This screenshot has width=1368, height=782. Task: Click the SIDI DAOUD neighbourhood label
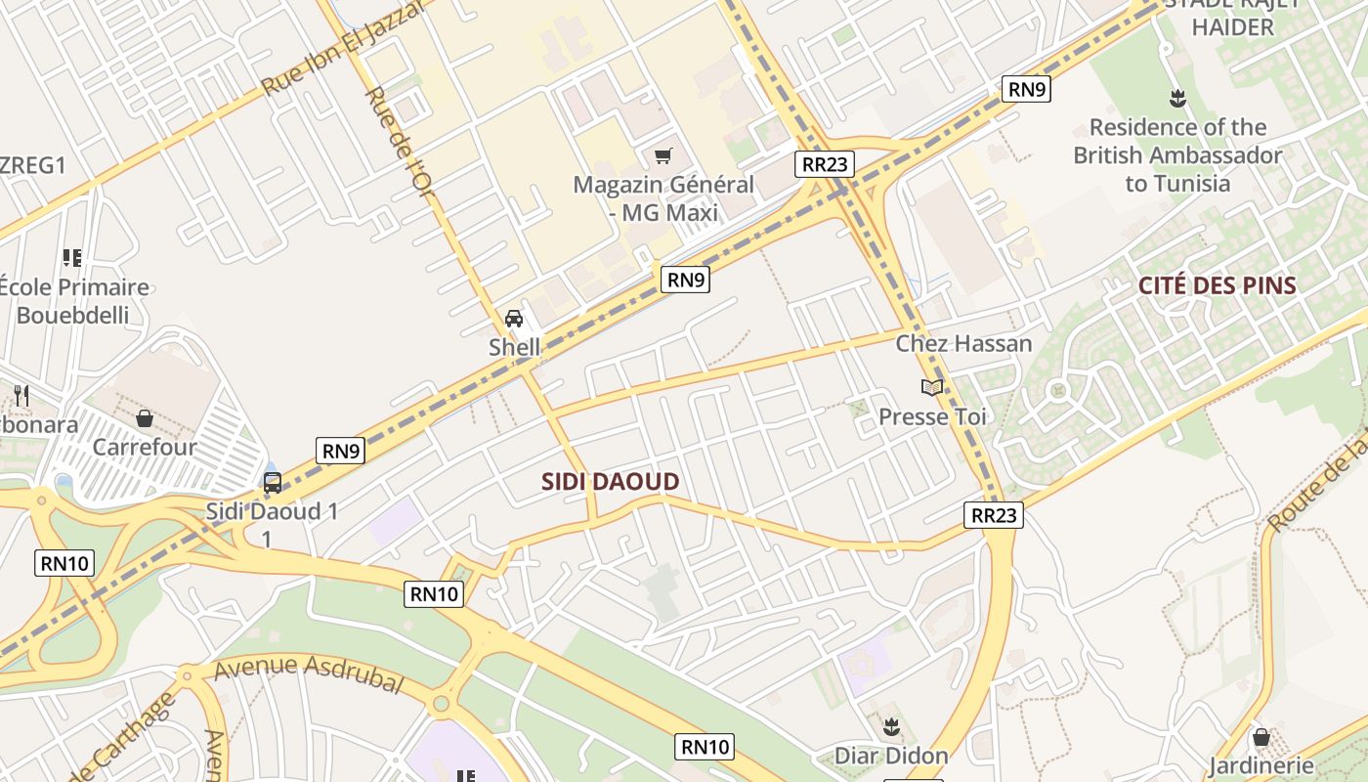[x=610, y=481]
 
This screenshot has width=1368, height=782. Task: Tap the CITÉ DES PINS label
[x=1217, y=286]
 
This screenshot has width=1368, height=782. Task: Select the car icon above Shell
[x=514, y=318]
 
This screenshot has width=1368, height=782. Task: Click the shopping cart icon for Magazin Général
[x=663, y=155]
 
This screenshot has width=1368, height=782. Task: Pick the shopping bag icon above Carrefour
[x=145, y=418]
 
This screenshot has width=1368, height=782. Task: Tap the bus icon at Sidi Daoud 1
[x=273, y=482]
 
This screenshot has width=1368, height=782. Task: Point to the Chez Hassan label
[x=963, y=343]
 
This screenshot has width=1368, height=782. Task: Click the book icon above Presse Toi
[x=932, y=388]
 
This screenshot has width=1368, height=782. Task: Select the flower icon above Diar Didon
[x=891, y=727]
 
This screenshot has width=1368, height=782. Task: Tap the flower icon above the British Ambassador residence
[x=1177, y=98]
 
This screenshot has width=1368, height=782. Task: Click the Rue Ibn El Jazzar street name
[x=341, y=49]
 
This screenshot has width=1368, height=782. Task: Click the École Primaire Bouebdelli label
[x=74, y=301]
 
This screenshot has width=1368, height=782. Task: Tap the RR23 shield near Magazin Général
[x=824, y=164]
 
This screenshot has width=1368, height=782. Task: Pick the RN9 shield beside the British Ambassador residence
[x=1027, y=90]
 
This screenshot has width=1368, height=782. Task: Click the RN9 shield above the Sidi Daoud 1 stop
[x=341, y=451]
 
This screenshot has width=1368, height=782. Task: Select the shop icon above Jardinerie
[x=1261, y=737]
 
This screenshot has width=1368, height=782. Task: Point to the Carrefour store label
[x=145, y=447]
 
